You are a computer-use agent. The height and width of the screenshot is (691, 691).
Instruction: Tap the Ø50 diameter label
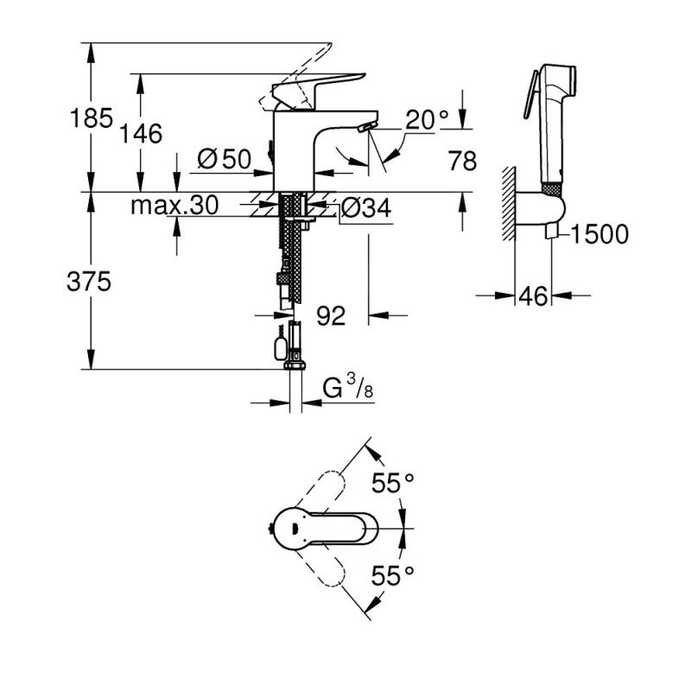tap(224, 159)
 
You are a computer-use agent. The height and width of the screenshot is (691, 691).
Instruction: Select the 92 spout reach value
tap(330, 316)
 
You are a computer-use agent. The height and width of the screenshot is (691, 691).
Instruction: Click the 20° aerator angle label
tap(427, 120)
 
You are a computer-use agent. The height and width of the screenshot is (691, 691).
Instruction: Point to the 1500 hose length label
tap(599, 233)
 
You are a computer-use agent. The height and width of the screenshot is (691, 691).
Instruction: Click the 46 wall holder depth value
tap(534, 296)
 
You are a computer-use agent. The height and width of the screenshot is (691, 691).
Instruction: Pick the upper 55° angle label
tap(393, 484)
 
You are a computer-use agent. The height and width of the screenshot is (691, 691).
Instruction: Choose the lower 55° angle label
tap(393, 573)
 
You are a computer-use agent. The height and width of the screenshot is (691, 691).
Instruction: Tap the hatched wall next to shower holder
tap(509, 202)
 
